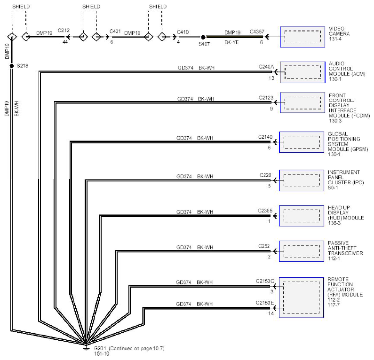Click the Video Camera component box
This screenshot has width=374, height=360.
(302, 37)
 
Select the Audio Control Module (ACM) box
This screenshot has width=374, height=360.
(302, 72)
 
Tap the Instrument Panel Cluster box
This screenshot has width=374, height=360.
(302, 180)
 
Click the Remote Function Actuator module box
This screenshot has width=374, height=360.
(302, 297)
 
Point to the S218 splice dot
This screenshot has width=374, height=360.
(11, 66)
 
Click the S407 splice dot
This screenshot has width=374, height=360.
(203, 37)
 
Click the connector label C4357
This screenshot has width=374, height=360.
(257, 31)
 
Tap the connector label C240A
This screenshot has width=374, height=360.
(266, 67)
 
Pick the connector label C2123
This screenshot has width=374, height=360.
(266, 98)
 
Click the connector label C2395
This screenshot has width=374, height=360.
(265, 211)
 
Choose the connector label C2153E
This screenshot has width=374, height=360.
(265, 303)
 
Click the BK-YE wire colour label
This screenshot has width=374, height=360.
(231, 42)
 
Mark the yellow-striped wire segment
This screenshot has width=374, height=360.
(234, 37)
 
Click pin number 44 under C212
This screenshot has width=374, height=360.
(65, 42)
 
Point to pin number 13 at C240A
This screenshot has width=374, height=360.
(271, 78)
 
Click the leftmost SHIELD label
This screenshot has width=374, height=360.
(21, 7)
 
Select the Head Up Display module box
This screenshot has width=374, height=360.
(302, 216)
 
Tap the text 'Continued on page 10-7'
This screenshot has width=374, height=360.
(137, 348)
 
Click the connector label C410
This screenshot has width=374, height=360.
(183, 32)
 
